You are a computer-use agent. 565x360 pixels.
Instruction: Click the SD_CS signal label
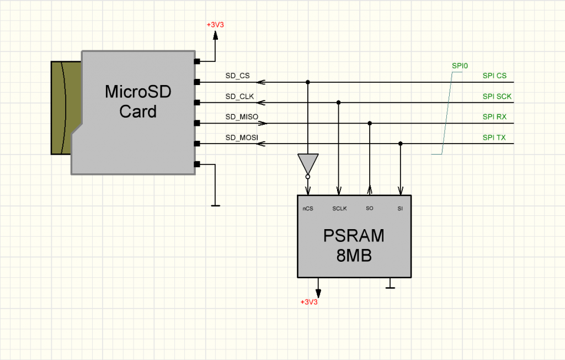237,76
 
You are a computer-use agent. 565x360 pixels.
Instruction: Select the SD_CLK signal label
239,96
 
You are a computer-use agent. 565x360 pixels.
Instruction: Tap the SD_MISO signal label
242,117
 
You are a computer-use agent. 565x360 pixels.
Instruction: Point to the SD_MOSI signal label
242,137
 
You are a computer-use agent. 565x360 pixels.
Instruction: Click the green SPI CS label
494,76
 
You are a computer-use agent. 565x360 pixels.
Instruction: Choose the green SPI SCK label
497,96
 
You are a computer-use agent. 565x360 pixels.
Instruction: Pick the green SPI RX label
494,117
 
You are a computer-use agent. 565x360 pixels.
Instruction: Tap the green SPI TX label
494,137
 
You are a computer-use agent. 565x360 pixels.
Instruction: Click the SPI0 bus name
460,66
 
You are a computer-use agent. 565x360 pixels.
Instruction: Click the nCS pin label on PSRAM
307,209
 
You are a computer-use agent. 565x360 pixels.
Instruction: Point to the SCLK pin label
339,209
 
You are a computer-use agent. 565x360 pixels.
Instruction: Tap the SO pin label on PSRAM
370,209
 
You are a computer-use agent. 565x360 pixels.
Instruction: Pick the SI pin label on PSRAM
400,209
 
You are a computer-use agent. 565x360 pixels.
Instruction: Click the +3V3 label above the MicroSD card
215,25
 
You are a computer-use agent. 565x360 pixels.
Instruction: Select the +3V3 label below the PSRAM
309,302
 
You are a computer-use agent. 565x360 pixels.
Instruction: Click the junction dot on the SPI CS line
308,82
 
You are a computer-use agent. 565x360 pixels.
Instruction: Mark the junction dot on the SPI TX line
401,144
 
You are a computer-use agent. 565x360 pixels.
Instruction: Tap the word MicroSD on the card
138,92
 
